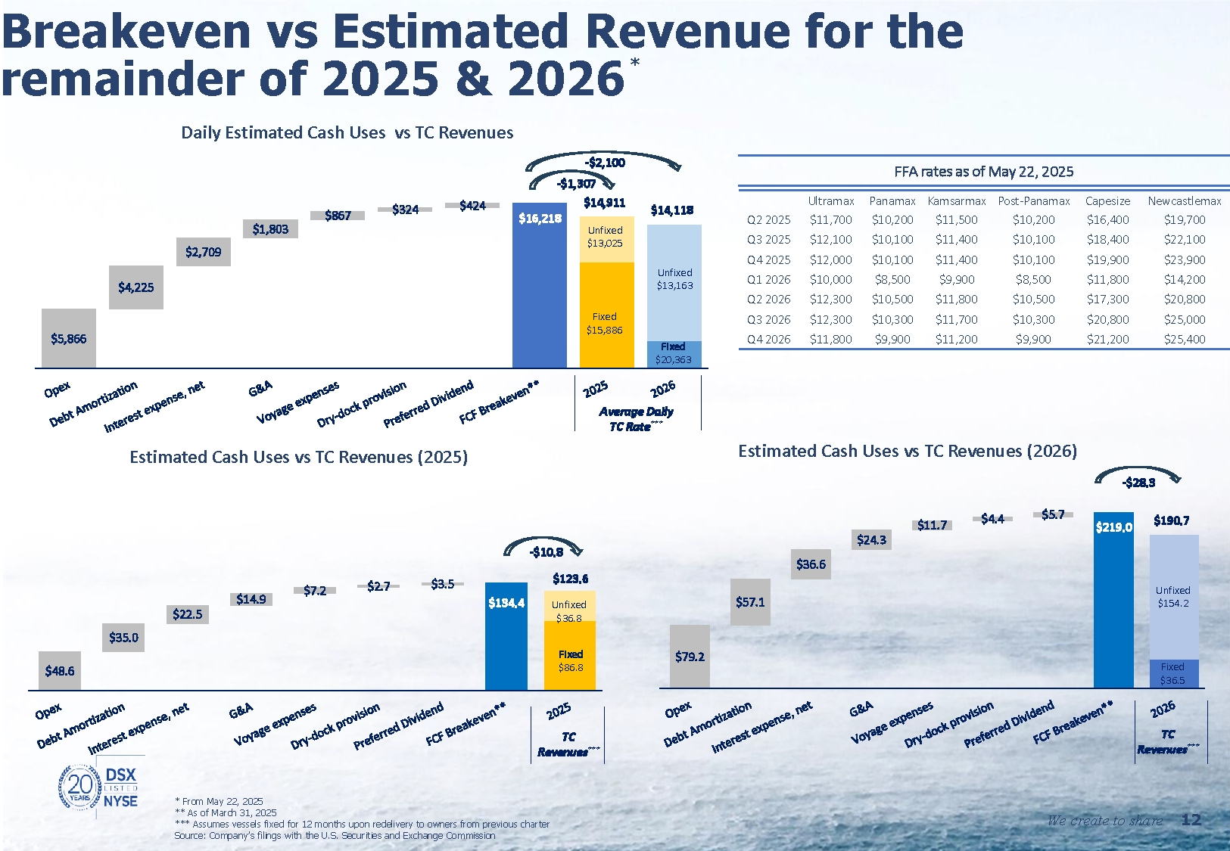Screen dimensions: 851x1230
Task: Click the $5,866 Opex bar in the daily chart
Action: [x=69, y=338]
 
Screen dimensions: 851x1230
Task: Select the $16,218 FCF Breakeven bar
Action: [x=540, y=285]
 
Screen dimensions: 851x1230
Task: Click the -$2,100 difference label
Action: [x=605, y=163]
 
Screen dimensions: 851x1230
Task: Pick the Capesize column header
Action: [x=1107, y=201]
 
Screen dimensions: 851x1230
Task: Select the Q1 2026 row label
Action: [x=768, y=279]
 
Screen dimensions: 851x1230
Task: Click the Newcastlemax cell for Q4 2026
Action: [x=1185, y=340]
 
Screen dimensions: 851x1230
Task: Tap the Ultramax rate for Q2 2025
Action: [x=830, y=220]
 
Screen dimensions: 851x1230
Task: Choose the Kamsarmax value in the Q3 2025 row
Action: [x=957, y=240]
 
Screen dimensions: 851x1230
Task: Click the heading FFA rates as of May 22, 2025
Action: [x=983, y=172]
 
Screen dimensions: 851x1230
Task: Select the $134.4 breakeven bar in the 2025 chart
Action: [x=506, y=635]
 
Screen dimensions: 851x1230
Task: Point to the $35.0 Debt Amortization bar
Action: [x=123, y=638]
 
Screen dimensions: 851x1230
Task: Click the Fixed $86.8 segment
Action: [x=570, y=655]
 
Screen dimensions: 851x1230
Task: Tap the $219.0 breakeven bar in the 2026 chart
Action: [x=1113, y=599]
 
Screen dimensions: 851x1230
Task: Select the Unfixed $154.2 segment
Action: [x=1173, y=597]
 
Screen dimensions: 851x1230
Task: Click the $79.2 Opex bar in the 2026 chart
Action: [x=690, y=657]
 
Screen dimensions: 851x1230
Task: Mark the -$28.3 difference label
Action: [x=1138, y=483]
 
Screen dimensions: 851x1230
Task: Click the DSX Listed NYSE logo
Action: [x=99, y=788]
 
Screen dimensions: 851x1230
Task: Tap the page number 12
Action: [x=1191, y=820]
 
